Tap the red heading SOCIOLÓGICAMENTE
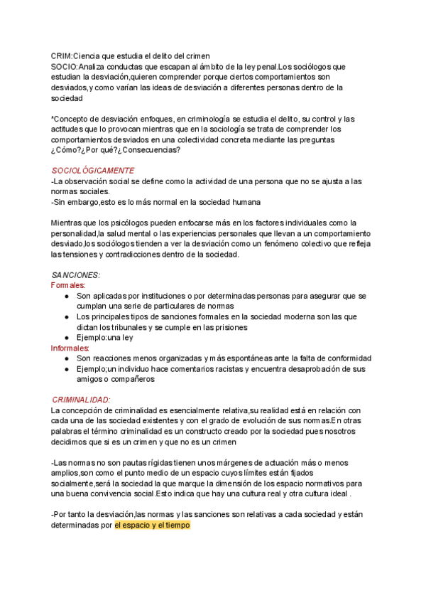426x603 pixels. click(x=93, y=171)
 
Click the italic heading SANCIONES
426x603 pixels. click(x=76, y=274)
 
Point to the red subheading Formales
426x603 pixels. click(x=67, y=284)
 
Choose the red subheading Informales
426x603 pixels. click(x=70, y=348)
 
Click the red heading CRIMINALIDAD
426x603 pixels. click(x=81, y=400)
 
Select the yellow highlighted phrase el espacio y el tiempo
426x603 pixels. click(x=152, y=527)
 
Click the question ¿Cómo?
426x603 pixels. click(x=67, y=150)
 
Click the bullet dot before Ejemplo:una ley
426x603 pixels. click(x=66, y=338)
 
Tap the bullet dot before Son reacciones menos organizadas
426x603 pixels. click(x=66, y=359)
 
